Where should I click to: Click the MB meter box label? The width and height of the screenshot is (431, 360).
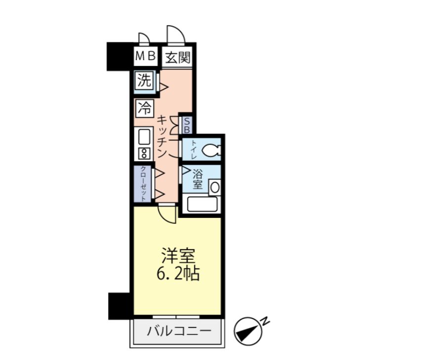click(146, 56)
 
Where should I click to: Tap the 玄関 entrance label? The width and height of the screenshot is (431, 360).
click(178, 57)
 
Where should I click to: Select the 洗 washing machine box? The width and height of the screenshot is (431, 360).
click(145, 80)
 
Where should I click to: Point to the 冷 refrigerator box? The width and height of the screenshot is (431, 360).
click(145, 108)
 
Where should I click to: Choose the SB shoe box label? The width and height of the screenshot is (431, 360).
click(186, 125)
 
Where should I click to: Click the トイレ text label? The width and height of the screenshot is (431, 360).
click(194, 149)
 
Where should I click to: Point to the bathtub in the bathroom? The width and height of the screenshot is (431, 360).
click(202, 204)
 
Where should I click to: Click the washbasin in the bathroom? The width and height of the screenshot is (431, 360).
click(215, 187)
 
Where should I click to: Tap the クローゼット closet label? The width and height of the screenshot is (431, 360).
click(143, 184)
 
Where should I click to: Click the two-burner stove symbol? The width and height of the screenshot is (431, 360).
click(144, 153)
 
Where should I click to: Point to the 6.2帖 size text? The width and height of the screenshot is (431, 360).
click(178, 273)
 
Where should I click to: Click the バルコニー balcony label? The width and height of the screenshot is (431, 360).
click(179, 331)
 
